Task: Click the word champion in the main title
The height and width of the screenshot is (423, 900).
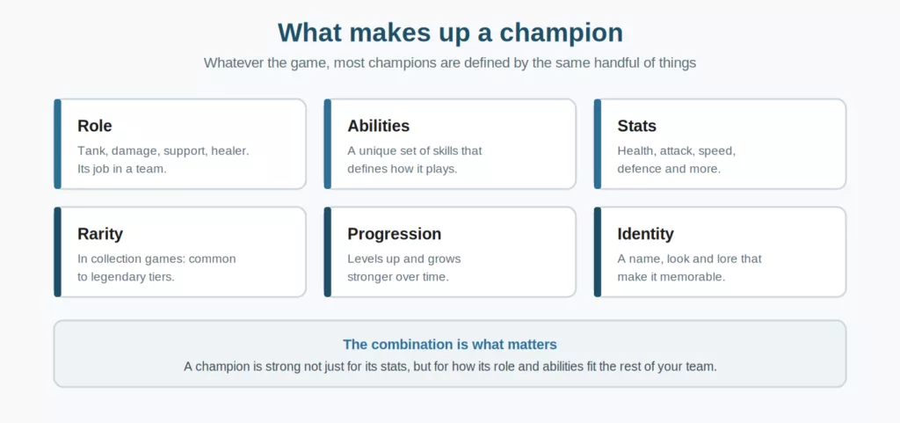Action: coord(561,33)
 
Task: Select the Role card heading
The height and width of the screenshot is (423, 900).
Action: coord(95,126)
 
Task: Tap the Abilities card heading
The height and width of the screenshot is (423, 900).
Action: coord(378,126)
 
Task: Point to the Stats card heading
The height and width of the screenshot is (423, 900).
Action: coord(636,126)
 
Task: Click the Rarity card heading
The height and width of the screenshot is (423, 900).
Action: coord(100,234)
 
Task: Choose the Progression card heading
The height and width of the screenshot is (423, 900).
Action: coord(395,234)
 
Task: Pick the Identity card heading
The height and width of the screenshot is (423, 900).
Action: coord(645,234)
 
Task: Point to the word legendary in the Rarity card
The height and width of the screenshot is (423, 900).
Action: coord(117,277)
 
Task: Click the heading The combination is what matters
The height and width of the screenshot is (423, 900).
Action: coord(450,345)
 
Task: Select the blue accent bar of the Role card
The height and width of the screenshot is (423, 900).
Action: coord(57,143)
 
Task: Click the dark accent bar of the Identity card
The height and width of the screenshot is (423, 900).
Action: coord(598,252)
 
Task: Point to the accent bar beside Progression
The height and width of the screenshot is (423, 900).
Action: coord(328,252)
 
